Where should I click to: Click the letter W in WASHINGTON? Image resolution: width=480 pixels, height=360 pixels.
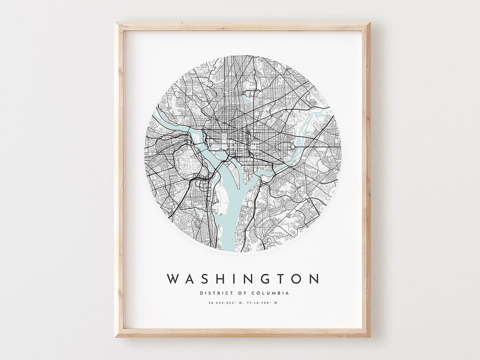pos(173,279)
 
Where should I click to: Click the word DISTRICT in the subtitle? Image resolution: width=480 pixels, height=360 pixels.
pos(213,293)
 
